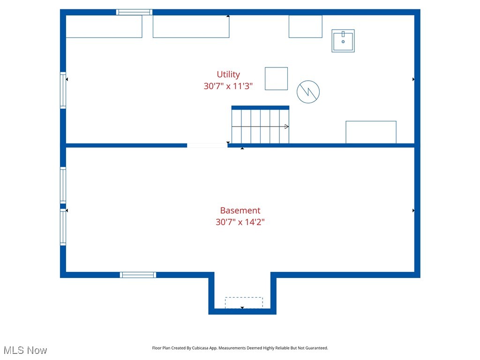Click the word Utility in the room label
(228, 74)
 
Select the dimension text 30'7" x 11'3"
(228, 86)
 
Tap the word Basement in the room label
(240, 210)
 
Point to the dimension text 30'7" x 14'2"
(240, 222)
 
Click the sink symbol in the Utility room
(343, 41)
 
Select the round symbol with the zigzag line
(308, 92)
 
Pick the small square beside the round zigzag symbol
(276, 78)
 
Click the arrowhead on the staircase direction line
(286, 127)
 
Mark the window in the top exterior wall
(134, 12)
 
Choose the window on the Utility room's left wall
(63, 90)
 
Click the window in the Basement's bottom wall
(138, 275)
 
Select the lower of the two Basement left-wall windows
(63, 227)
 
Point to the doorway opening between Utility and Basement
(207, 145)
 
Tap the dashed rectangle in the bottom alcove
(244, 302)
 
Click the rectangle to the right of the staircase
(371, 132)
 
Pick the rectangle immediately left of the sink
(305, 26)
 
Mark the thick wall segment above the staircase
(260, 107)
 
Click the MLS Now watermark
(25, 350)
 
